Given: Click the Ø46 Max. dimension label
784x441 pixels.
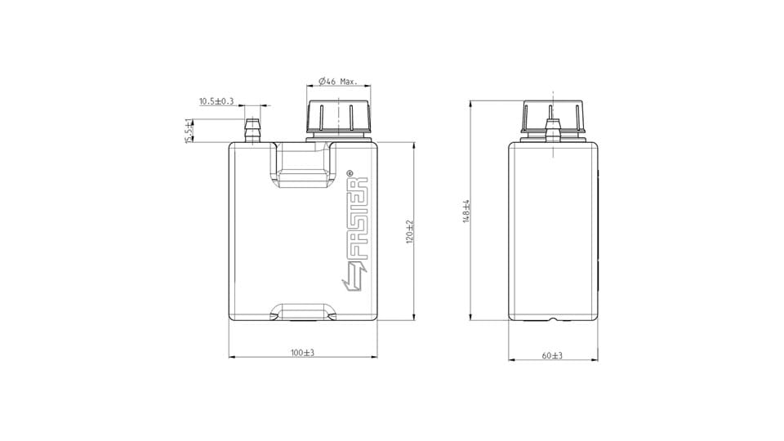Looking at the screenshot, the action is click(338, 81).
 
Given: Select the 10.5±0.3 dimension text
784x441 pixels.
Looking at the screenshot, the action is click(216, 101).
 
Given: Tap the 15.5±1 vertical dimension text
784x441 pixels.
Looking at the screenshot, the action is click(189, 131).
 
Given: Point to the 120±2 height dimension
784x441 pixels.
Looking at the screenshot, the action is click(410, 231).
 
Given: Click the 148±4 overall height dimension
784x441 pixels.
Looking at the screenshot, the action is click(466, 211).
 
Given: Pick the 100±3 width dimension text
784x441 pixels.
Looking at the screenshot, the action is click(302, 353).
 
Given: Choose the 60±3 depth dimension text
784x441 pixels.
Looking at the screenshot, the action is click(552, 355).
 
